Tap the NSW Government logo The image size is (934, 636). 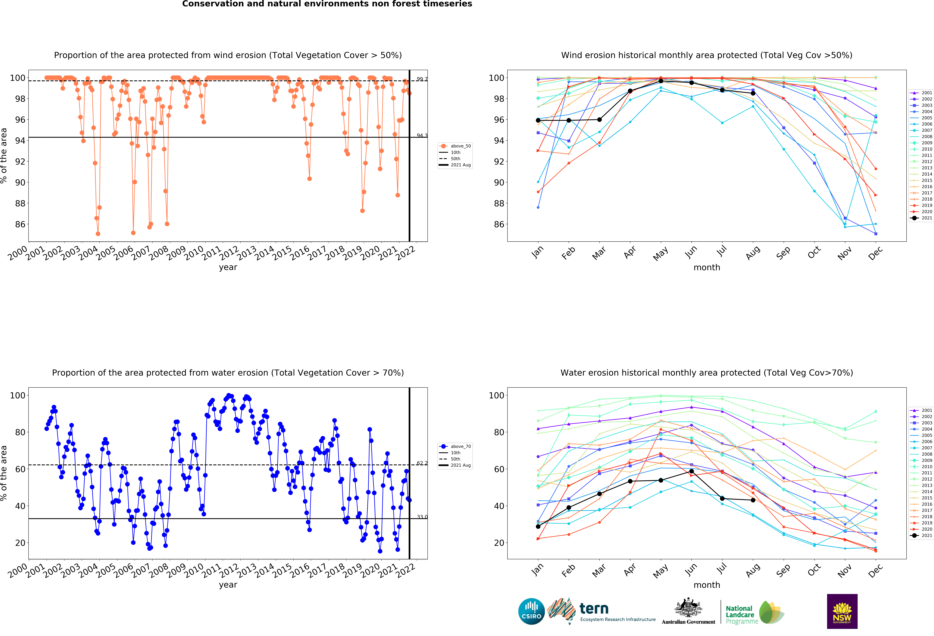(x=842, y=611)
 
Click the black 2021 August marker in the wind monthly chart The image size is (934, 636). (x=753, y=93)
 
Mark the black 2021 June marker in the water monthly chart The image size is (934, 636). (x=691, y=471)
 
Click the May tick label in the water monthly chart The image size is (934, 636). (x=660, y=571)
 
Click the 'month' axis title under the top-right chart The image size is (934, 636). (x=707, y=267)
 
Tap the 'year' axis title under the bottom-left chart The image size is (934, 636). (x=228, y=585)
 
